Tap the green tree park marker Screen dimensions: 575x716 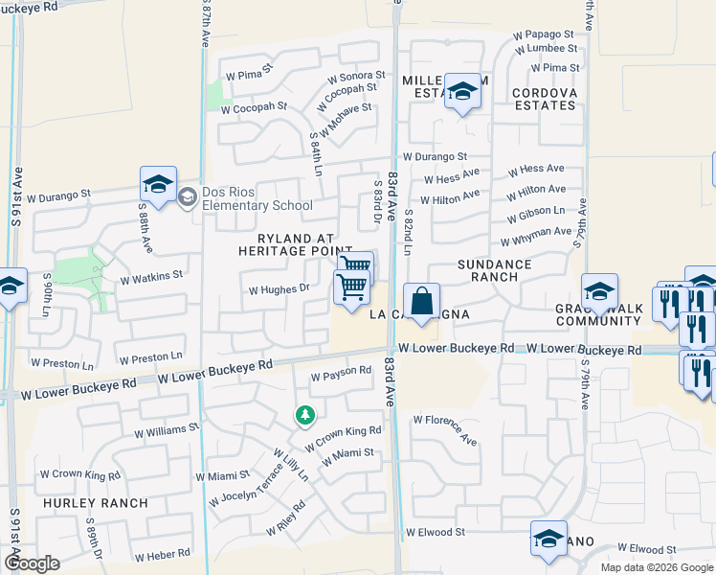point(305,415)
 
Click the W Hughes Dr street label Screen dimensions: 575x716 point(279,288)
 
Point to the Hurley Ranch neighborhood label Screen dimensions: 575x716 point(94,503)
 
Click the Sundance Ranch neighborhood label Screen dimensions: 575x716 point(494,270)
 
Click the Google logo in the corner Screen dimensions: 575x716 point(32,563)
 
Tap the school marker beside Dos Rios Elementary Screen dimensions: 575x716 point(158,183)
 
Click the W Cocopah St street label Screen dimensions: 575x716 point(254,108)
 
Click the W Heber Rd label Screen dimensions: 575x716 point(163,556)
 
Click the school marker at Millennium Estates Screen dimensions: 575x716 point(462,92)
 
